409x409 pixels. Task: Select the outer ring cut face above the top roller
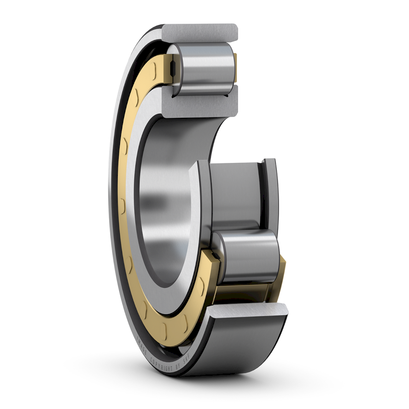click(x=200, y=32)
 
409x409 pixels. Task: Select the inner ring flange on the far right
click(x=271, y=191)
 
